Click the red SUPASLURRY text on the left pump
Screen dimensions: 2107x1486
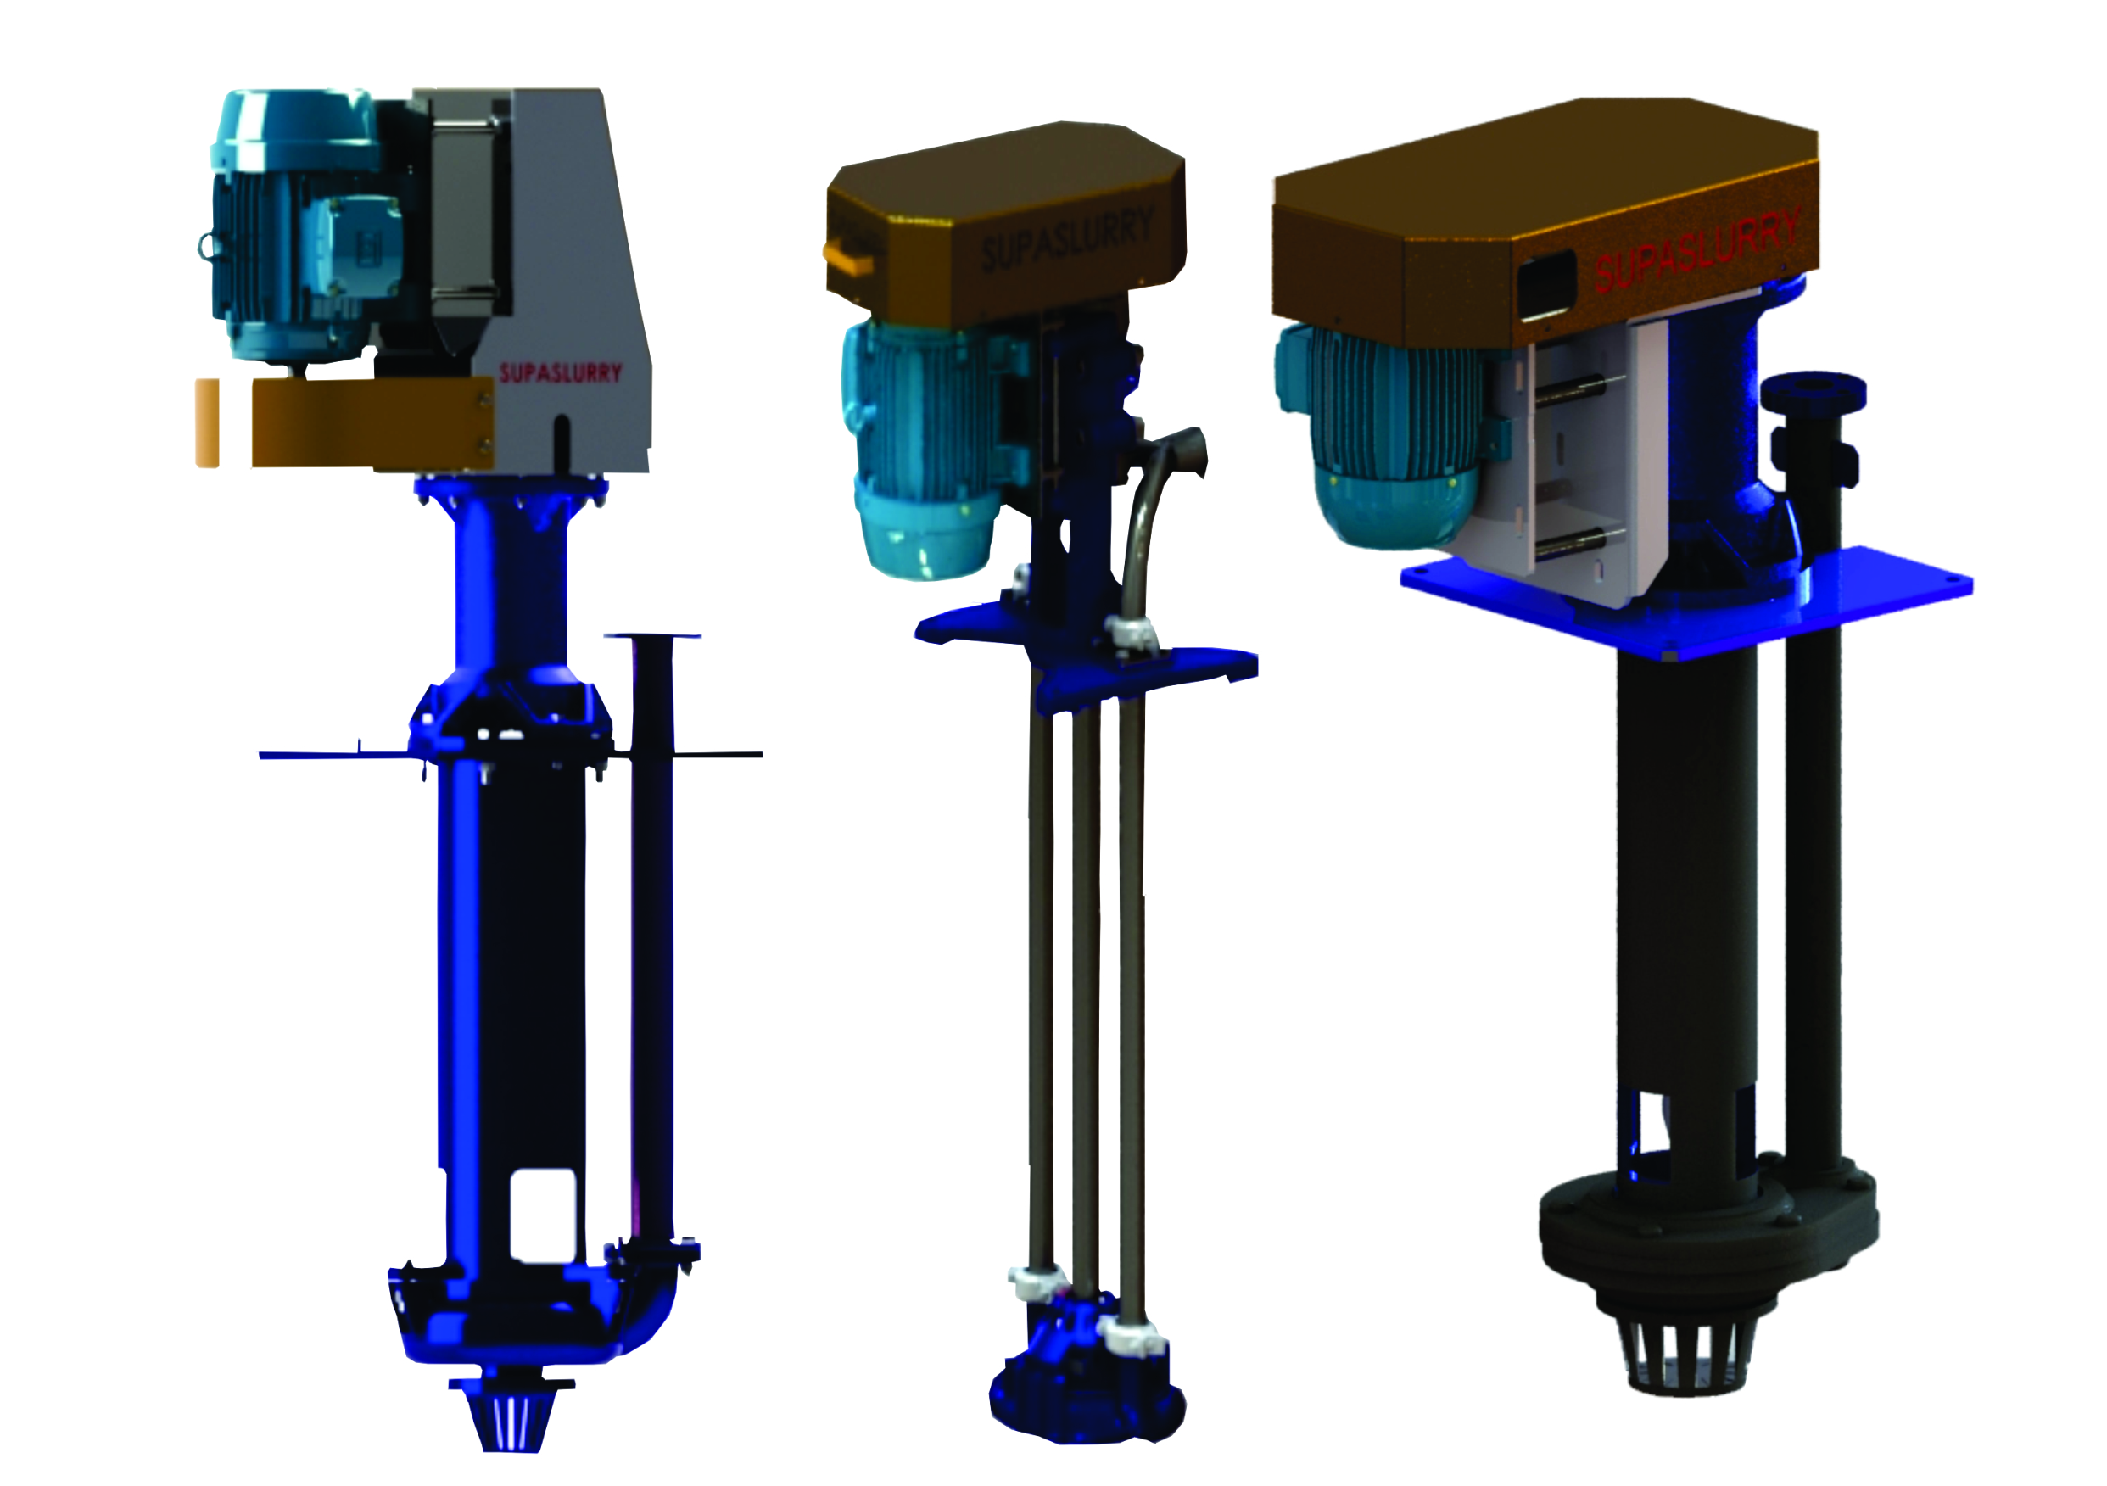[x=560, y=372]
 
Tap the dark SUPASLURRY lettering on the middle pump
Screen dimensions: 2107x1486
[x=1066, y=239]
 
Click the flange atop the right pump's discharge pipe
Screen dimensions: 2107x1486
[x=1813, y=391]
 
